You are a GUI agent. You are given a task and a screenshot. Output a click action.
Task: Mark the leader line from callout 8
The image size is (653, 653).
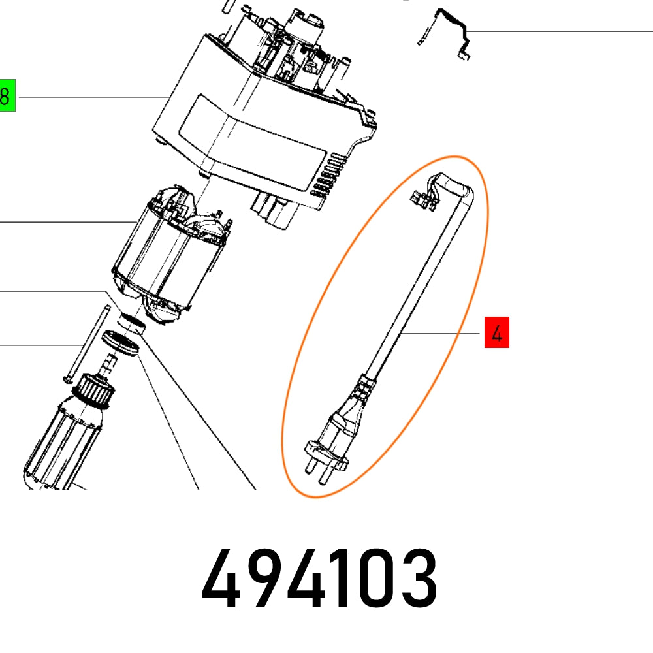pyautogui.click(x=91, y=97)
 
